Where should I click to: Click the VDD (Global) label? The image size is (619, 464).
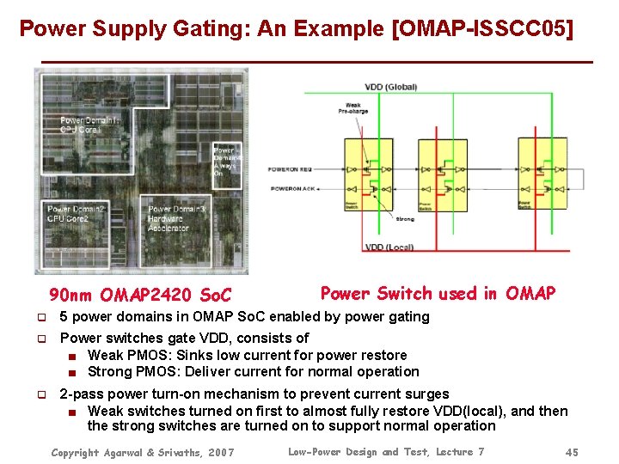click(391, 87)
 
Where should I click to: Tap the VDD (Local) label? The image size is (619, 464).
click(389, 247)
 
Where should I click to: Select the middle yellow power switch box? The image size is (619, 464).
click(453, 171)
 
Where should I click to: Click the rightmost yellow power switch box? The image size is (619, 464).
click(541, 171)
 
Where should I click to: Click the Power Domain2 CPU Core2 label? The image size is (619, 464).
click(77, 214)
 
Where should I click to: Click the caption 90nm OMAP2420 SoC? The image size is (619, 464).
click(140, 296)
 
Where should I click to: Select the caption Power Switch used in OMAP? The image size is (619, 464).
click(438, 294)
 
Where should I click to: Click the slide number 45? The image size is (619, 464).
click(572, 452)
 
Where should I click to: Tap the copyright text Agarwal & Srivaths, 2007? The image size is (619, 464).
click(142, 452)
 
